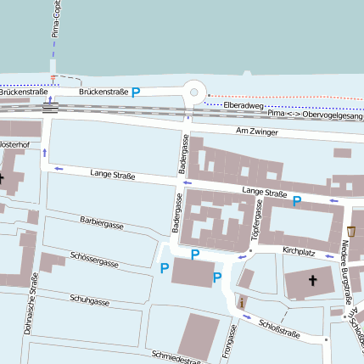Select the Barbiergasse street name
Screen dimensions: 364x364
pos(102,226)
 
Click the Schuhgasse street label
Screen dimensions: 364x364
pos(89,301)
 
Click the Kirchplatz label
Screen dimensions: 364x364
pos(298,252)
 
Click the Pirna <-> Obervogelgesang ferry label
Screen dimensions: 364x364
pos(314,115)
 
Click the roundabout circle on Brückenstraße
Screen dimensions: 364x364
pos(194,92)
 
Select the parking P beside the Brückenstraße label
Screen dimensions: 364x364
pos(135,92)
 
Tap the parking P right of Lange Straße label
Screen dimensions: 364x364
pos(297,201)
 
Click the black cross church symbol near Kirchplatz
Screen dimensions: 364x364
pos(312,281)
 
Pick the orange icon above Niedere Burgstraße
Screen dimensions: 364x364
pos(351,231)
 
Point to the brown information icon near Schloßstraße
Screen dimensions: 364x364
pos(242,301)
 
